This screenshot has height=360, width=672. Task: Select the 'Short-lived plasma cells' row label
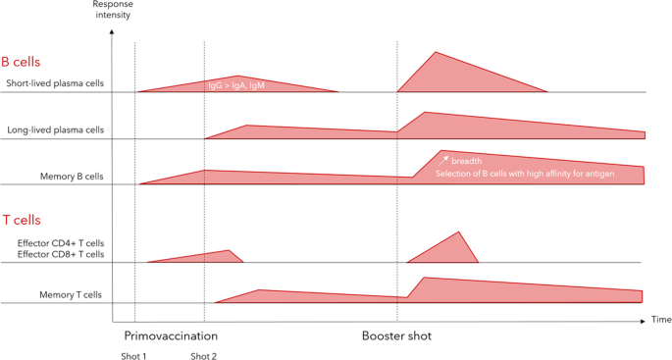[54, 84]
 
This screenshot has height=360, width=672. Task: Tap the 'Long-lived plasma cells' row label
[56, 130]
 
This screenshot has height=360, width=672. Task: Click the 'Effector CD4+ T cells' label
[60, 242]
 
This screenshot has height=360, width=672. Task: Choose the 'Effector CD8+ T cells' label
[60, 254]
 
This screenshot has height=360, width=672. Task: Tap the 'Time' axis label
[661, 320]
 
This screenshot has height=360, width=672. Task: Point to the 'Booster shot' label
[397, 335]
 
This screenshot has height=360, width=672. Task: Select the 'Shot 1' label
[133, 355]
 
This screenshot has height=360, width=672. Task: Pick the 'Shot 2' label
[203, 355]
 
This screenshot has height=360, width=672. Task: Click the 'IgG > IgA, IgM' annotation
[234, 85]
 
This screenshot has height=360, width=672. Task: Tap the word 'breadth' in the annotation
[466, 160]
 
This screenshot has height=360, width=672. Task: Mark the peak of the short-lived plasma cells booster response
[436, 52]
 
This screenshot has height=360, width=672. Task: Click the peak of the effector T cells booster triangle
[458, 232]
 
